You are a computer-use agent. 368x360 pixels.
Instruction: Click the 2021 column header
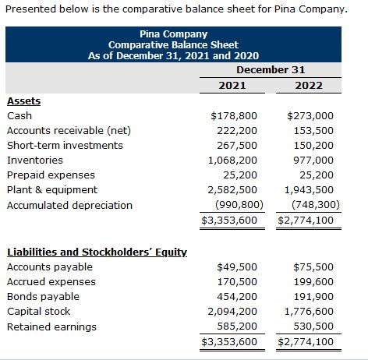pyautogui.click(x=232, y=85)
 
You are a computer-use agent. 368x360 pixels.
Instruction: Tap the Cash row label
pyautogui.click(x=19, y=115)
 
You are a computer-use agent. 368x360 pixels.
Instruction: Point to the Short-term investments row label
pyautogui.click(x=65, y=145)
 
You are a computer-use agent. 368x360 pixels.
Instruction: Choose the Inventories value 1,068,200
pyautogui.click(x=232, y=160)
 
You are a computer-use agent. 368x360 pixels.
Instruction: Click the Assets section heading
pyautogui.click(x=23, y=101)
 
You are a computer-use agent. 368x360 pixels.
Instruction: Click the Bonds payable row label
pyautogui.click(x=39, y=297)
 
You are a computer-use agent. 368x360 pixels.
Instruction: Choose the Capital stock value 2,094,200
pyautogui.click(x=232, y=312)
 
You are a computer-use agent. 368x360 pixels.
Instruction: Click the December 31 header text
pyautogui.click(x=270, y=69)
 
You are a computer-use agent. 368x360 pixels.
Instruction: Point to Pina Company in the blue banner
pyautogui.click(x=173, y=34)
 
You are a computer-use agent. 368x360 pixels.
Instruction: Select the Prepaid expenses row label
pyautogui.click(x=51, y=175)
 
